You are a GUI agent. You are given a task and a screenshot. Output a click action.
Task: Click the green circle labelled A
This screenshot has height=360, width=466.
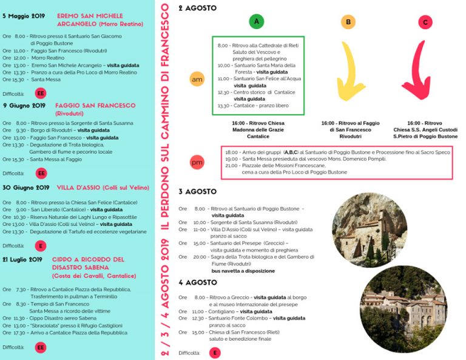click(x=257, y=22)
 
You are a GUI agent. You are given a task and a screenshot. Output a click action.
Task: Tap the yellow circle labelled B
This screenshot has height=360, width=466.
click(x=348, y=22)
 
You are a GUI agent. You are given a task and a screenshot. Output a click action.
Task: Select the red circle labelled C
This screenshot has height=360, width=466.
click(x=425, y=22)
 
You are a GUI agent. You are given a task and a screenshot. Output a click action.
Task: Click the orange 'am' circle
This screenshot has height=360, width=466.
click(x=197, y=80)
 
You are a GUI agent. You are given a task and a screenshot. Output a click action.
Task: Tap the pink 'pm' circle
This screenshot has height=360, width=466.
click(x=197, y=162)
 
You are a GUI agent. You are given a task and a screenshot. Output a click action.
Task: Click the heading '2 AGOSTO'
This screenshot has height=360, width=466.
click(x=197, y=8)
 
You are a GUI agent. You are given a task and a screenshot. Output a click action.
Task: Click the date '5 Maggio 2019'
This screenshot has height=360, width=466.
click(x=24, y=16)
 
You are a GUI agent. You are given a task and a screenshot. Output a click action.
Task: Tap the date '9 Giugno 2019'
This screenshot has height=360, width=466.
click(x=24, y=105)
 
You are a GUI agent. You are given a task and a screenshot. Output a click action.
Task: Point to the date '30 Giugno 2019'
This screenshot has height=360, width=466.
click(x=25, y=188)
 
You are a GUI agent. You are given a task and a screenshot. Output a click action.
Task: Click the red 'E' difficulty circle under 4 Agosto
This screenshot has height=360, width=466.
click(x=214, y=353)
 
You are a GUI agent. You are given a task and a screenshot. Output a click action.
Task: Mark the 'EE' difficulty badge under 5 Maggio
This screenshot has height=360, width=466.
click(x=41, y=93)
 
